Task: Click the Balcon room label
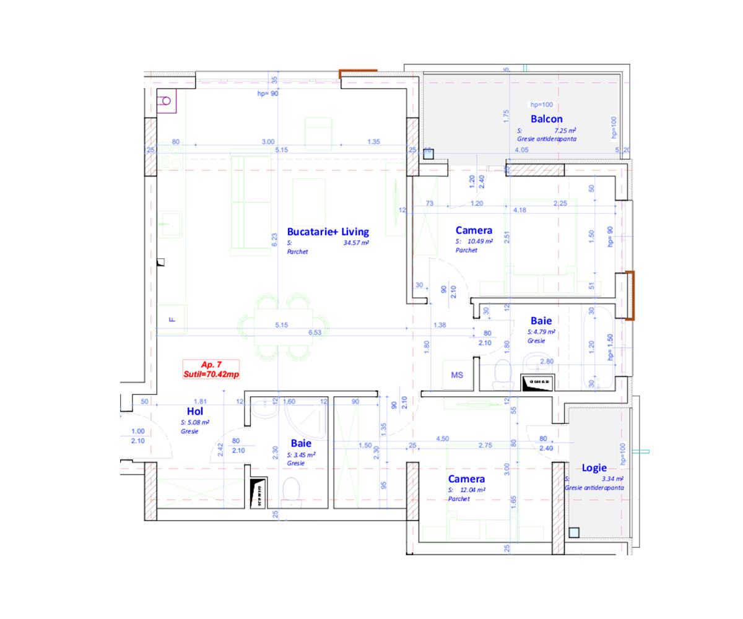tap(546, 119)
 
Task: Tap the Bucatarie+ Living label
tap(328, 232)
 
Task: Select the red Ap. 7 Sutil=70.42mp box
tap(211, 370)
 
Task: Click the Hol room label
tap(195, 411)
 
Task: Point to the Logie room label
tap(594, 468)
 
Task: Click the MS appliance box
tap(457, 375)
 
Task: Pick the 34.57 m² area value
tap(356, 243)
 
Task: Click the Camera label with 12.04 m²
tap(466, 479)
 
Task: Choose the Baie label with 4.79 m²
tap(541, 321)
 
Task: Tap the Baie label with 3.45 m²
tap(301, 443)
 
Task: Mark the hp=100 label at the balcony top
tap(542, 105)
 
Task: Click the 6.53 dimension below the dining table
tap(315, 332)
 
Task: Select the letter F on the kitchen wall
tap(172, 319)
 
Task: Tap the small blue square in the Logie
tap(574, 532)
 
